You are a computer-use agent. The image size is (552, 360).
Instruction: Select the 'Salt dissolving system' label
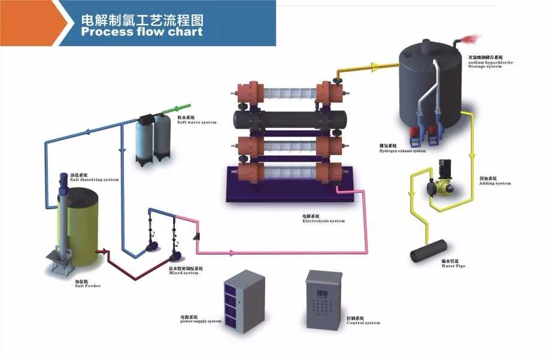pyautogui.click(x=94, y=178)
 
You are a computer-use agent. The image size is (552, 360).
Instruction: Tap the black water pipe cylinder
pyautogui.click(x=429, y=250)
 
